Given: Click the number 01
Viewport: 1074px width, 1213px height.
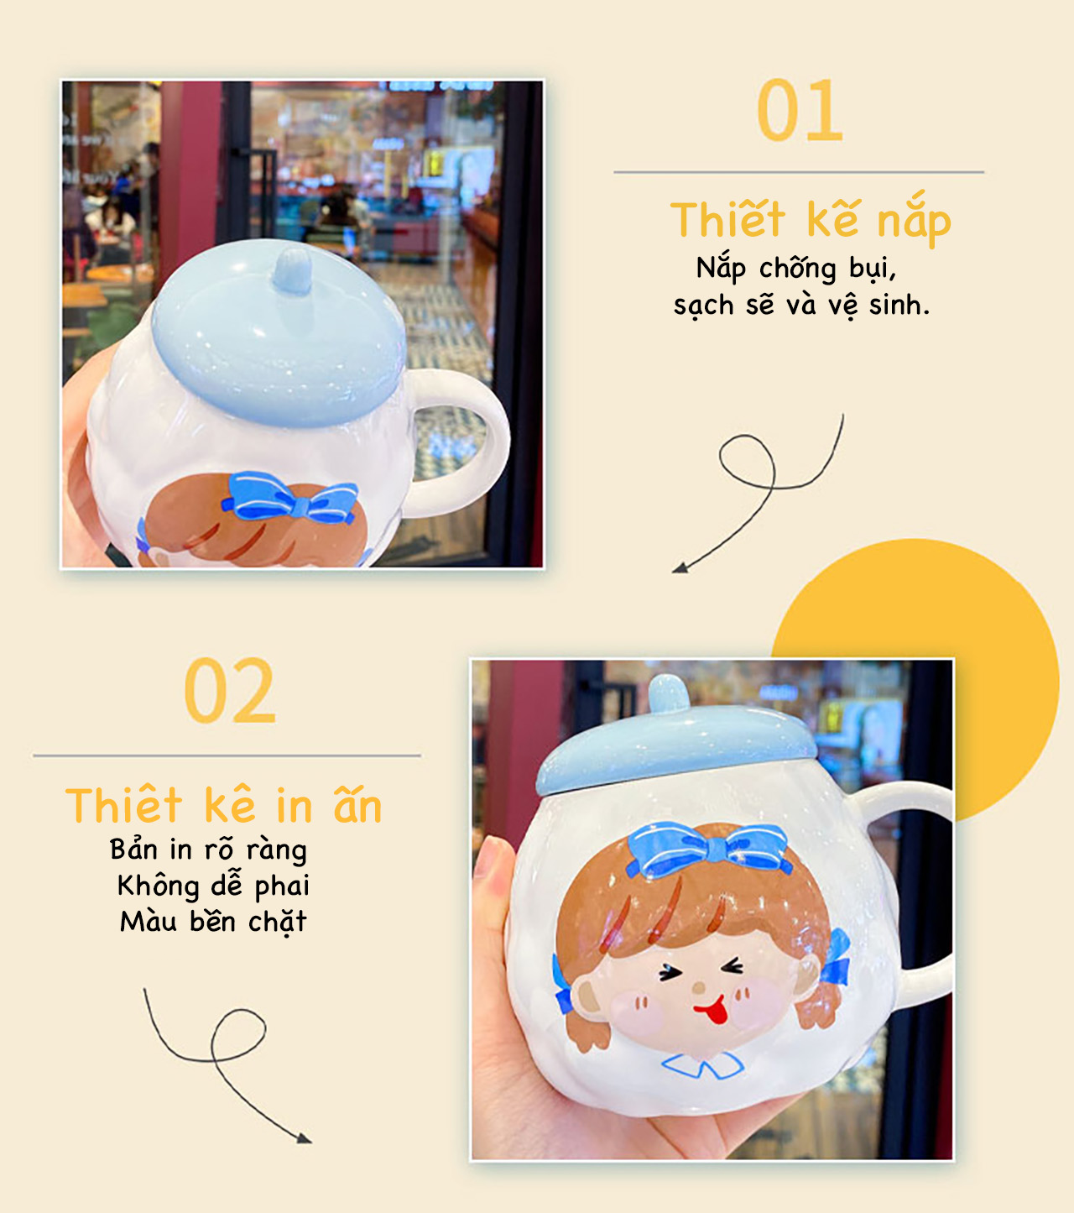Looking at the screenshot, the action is click(800, 110).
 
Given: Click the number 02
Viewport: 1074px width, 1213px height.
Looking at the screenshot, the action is click(230, 690).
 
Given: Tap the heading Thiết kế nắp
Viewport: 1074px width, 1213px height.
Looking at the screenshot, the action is click(811, 219).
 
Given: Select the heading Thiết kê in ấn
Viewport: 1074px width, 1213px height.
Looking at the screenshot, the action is click(223, 805).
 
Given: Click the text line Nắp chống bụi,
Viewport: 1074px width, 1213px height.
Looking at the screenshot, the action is click(796, 269).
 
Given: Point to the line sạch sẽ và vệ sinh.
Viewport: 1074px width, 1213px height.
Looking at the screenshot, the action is click(801, 306).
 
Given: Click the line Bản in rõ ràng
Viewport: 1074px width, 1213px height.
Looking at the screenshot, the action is click(208, 850).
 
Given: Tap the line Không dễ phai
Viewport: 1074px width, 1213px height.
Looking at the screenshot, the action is click(213, 886).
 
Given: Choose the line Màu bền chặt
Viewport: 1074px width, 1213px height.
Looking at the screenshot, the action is click(213, 922).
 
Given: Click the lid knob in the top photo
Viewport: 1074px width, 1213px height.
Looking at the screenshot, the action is click(292, 271).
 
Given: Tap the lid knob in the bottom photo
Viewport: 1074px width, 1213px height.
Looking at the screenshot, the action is click(668, 693).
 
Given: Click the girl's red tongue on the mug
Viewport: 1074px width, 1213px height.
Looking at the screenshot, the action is click(712, 1012).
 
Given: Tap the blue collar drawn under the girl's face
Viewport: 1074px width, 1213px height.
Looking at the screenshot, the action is click(702, 1065).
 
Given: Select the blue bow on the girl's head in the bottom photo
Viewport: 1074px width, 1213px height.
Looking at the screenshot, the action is click(709, 850).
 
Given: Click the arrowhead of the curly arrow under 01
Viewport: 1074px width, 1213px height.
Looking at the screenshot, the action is click(680, 567).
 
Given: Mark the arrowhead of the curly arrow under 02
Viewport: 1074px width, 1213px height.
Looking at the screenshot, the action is click(304, 1137).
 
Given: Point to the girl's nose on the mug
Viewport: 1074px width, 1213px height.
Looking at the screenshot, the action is click(698, 987).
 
